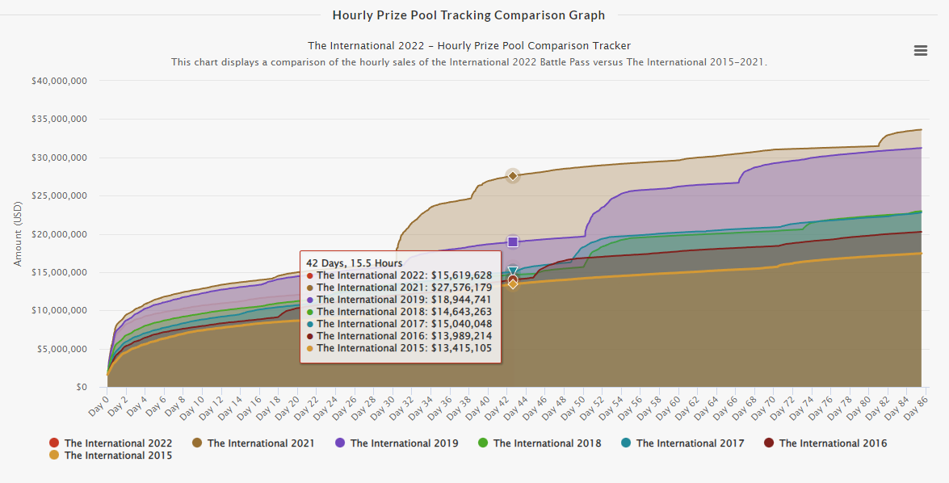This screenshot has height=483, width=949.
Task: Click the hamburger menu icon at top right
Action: click(920, 50)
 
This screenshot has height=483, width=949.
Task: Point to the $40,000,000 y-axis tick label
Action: click(58, 81)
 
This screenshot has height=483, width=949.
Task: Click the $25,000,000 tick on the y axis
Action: click(58, 196)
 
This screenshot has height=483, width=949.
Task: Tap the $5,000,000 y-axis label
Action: click(61, 350)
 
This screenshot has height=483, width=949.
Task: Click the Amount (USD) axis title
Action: click(18, 234)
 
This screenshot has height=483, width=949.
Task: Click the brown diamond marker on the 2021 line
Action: click(512, 176)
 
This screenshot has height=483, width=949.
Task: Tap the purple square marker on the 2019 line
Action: click(512, 242)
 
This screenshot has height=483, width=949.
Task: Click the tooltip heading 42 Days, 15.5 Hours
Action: click(354, 262)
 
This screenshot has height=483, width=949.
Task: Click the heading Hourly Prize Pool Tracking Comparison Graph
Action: click(468, 15)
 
